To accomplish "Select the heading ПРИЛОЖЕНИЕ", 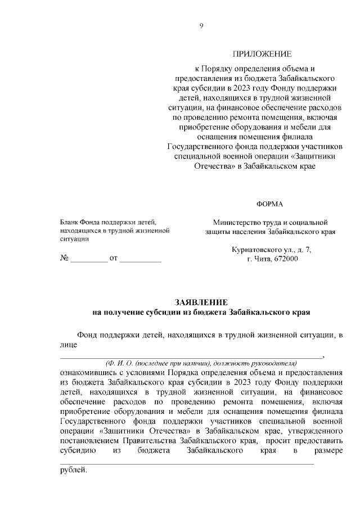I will [262, 55].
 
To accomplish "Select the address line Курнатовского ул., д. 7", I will [271, 249].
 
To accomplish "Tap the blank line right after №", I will [88, 260].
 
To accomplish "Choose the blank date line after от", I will [140, 260].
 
